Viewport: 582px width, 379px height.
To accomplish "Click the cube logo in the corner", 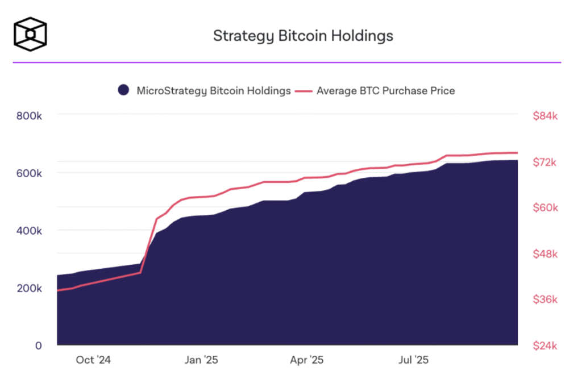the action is (30, 34).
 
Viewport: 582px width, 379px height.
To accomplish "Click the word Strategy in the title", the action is (243, 36).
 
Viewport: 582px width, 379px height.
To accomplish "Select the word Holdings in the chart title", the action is (362, 36).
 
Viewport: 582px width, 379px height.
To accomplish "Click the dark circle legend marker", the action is (123, 90).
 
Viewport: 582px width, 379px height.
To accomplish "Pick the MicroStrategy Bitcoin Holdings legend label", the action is (214, 91).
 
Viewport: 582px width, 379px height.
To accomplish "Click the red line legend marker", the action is (304, 91).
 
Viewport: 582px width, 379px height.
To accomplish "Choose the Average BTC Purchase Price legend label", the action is (386, 91).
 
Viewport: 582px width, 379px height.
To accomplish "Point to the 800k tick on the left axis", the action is (29, 116).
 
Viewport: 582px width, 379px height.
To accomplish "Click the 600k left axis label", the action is (29, 173).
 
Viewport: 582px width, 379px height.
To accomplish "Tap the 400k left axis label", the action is (29, 231).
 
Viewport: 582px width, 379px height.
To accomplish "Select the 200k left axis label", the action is (29, 289).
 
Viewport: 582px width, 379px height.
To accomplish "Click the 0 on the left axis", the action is (39, 346).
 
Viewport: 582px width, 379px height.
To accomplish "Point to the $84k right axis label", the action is (545, 116).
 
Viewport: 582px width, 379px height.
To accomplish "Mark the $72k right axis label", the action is (544, 162).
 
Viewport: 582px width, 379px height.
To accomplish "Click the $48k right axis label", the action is (545, 254).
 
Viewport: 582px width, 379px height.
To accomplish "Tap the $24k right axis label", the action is (545, 346).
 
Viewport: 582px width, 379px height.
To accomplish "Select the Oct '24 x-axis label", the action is (93, 360).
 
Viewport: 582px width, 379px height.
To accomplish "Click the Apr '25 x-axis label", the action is (306, 360).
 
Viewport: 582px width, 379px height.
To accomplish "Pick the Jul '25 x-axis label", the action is (414, 360).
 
